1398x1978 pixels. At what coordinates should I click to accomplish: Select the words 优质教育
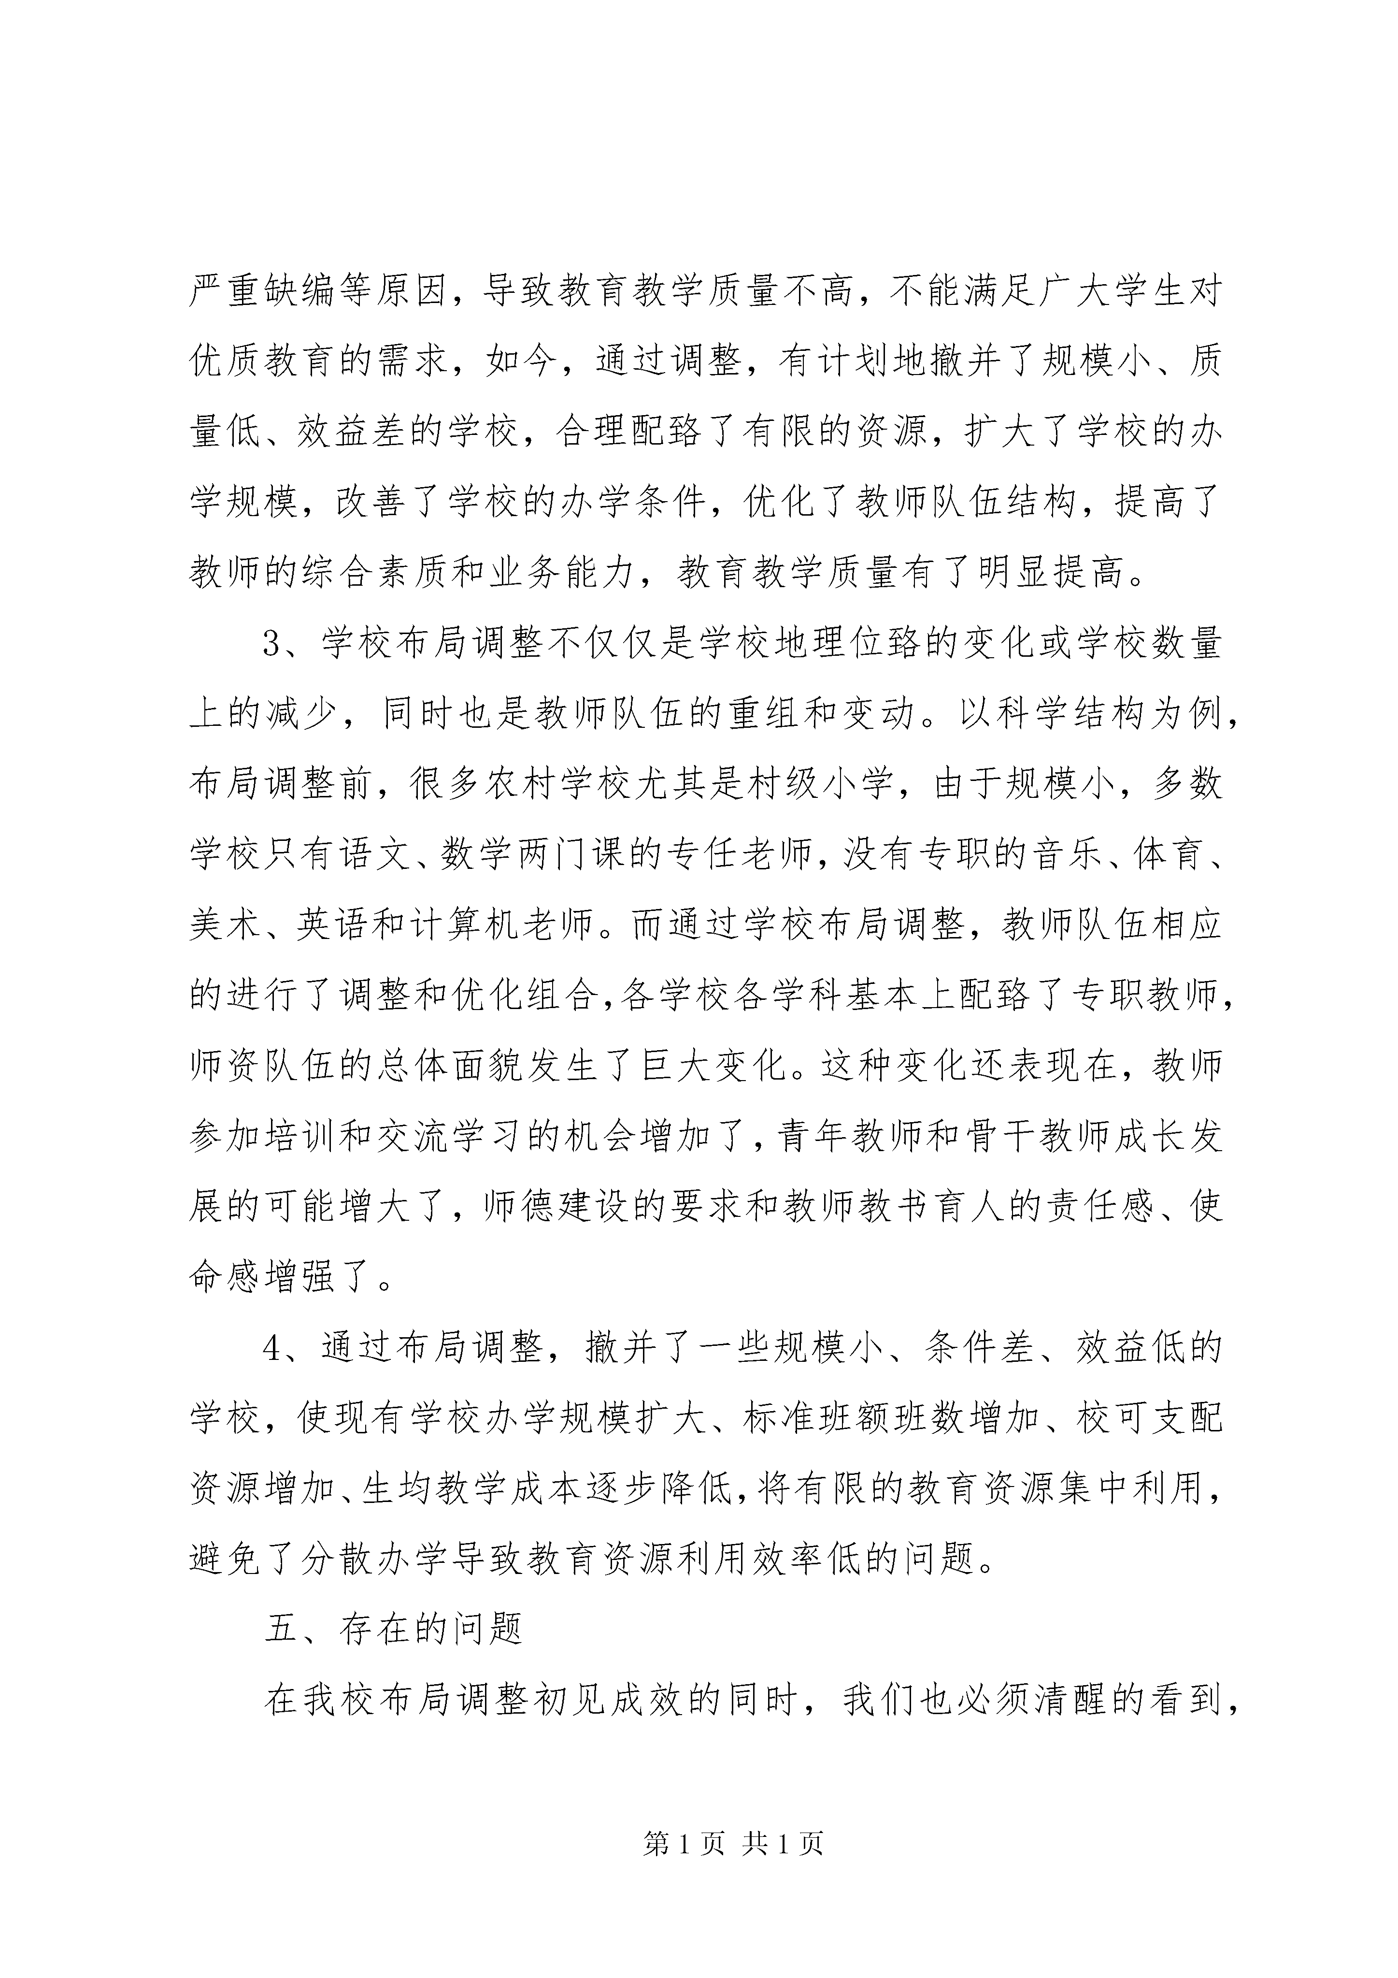tap(262, 363)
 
